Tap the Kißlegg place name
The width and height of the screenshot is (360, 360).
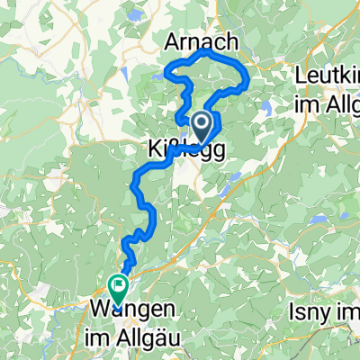(x=179, y=147)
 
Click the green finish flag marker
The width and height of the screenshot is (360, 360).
(x=118, y=287)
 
